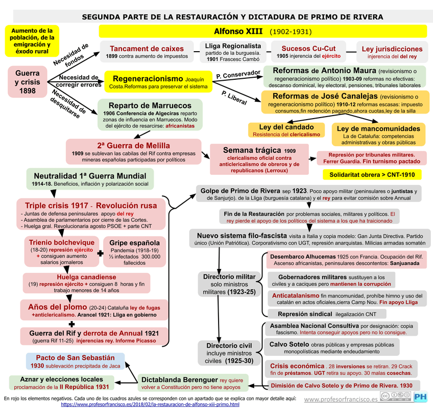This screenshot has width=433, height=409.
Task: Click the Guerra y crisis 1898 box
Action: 28,82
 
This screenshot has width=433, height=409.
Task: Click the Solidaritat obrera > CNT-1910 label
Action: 372,175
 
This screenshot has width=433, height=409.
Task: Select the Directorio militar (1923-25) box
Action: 229,284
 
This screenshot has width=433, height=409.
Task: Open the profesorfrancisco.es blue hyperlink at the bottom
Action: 150,404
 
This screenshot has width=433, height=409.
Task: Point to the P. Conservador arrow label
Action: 237,74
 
